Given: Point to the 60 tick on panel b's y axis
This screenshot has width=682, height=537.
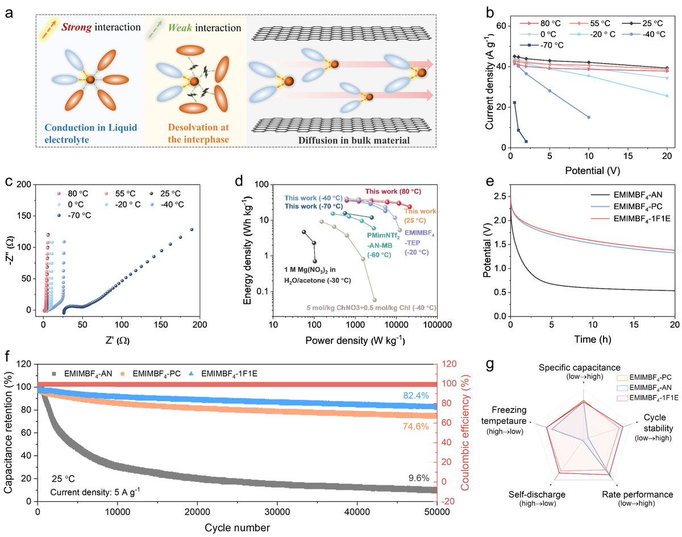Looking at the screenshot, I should coord(501,26).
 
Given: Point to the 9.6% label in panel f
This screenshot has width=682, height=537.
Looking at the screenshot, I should coord(418,478).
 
